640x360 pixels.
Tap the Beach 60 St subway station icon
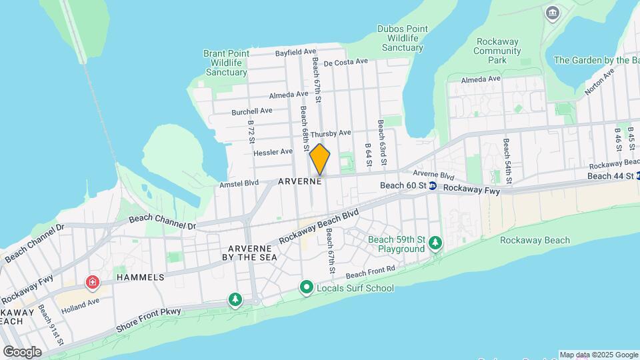point(432,186)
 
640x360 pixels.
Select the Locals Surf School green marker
point(307,287)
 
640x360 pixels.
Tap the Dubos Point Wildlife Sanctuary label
point(400,38)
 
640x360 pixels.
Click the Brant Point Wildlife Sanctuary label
point(227,63)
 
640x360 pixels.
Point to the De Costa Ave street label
point(346,62)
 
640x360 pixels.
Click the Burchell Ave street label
point(252,111)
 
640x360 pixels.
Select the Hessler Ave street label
point(273,152)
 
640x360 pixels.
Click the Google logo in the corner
point(22,351)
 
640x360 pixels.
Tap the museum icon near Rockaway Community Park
point(552,13)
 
